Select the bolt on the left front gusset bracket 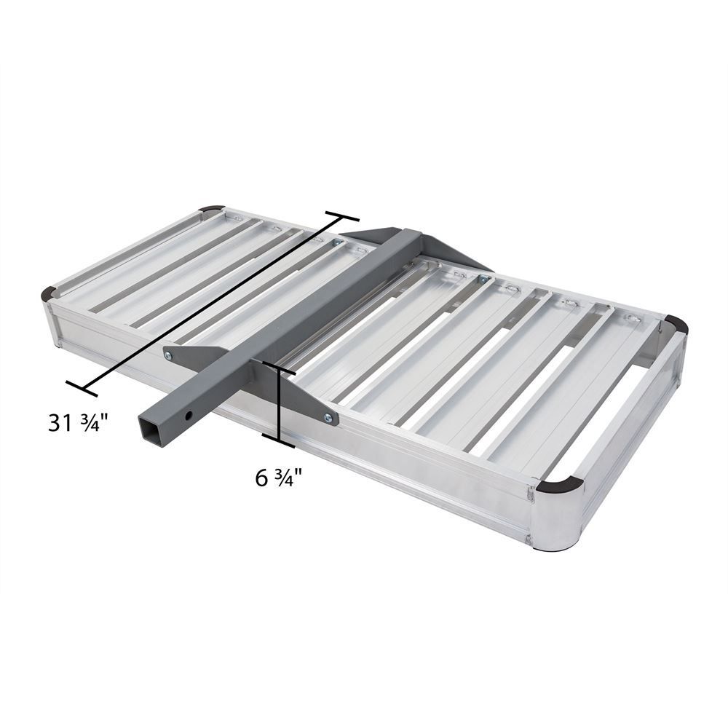tap(169, 355)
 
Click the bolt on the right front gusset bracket tap(327, 418)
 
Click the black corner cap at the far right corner tap(675, 325)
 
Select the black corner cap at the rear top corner tap(213, 209)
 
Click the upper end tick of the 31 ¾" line tap(342, 218)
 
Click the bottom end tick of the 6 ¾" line tap(279, 440)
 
